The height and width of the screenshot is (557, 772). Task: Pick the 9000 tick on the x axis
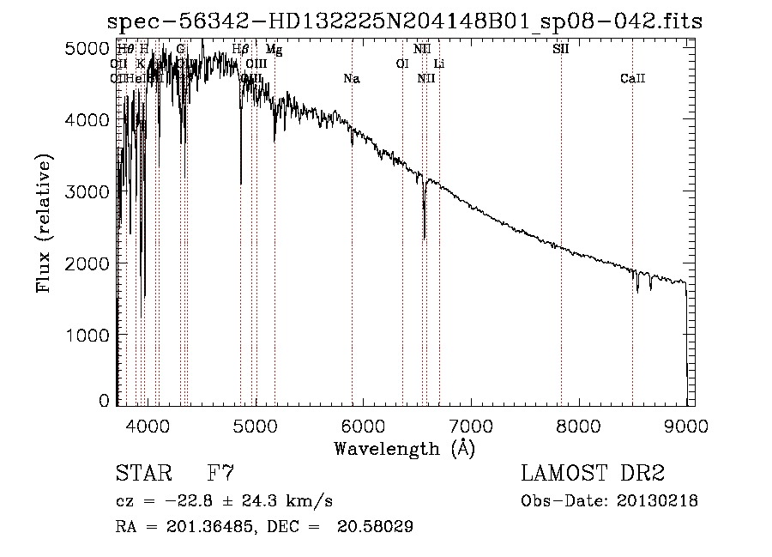(686, 426)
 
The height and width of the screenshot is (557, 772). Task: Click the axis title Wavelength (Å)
(404, 448)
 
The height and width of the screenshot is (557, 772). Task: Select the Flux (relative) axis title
(44, 224)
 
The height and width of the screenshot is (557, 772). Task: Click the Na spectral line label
(351, 79)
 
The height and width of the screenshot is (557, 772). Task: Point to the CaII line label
(632, 79)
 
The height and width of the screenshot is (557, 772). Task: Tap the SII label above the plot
(560, 49)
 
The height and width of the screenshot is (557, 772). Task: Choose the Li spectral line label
(439, 64)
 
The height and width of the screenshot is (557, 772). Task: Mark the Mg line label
(274, 50)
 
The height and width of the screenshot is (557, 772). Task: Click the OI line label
(401, 64)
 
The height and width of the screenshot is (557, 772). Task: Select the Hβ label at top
(240, 49)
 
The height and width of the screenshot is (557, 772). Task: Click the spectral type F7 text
(220, 473)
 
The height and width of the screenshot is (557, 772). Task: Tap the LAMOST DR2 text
(593, 473)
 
